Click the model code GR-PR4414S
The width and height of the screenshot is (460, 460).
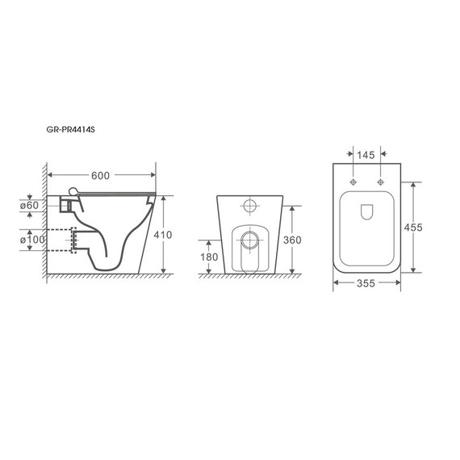click(70, 129)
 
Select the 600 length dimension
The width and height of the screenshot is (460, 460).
click(100, 175)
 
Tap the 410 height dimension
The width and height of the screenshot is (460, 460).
click(163, 235)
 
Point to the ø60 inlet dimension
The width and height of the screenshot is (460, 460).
click(29, 205)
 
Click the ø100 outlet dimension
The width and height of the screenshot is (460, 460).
click(32, 240)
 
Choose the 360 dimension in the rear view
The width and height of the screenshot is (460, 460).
click(292, 240)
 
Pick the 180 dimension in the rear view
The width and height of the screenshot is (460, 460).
click(209, 257)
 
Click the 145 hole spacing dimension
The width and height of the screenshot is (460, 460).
click(366, 155)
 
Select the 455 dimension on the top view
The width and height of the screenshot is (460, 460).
click(413, 228)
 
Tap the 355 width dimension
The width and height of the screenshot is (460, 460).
click(366, 283)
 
